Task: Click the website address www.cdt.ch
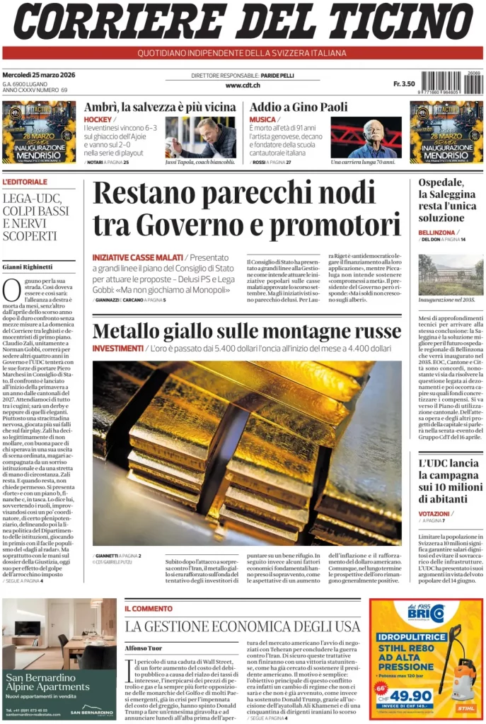point(243,86)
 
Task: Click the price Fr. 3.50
point(404,84)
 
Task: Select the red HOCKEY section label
point(98,119)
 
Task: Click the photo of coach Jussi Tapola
point(201,136)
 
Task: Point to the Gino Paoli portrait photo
point(366,137)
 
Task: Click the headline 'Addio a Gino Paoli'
point(299,107)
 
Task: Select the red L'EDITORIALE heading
point(25,182)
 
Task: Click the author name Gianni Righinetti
point(28,267)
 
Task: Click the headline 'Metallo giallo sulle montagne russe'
point(247,331)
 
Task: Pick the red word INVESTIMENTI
point(117,349)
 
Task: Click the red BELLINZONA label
point(436,232)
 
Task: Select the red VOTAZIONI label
point(434,513)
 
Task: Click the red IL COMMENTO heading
point(149,608)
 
